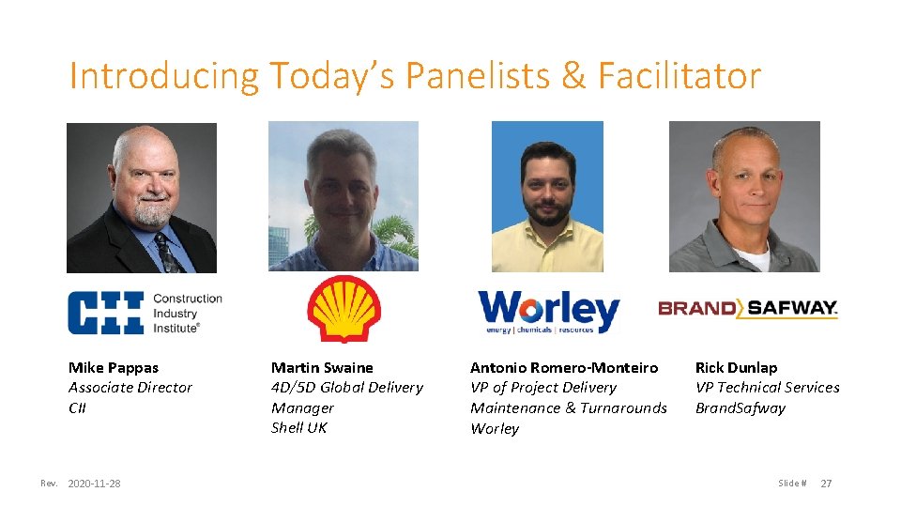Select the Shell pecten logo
point(344,309)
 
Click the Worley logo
point(549,311)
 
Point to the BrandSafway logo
point(748,308)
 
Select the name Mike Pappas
point(114,367)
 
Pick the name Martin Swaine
point(322,367)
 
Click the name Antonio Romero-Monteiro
point(564,367)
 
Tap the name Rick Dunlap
point(736,367)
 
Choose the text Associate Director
point(130,387)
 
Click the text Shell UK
point(299,427)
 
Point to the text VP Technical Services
point(767,387)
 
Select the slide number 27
point(826,484)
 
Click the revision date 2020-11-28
point(94,484)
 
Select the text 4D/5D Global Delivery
point(346,387)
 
